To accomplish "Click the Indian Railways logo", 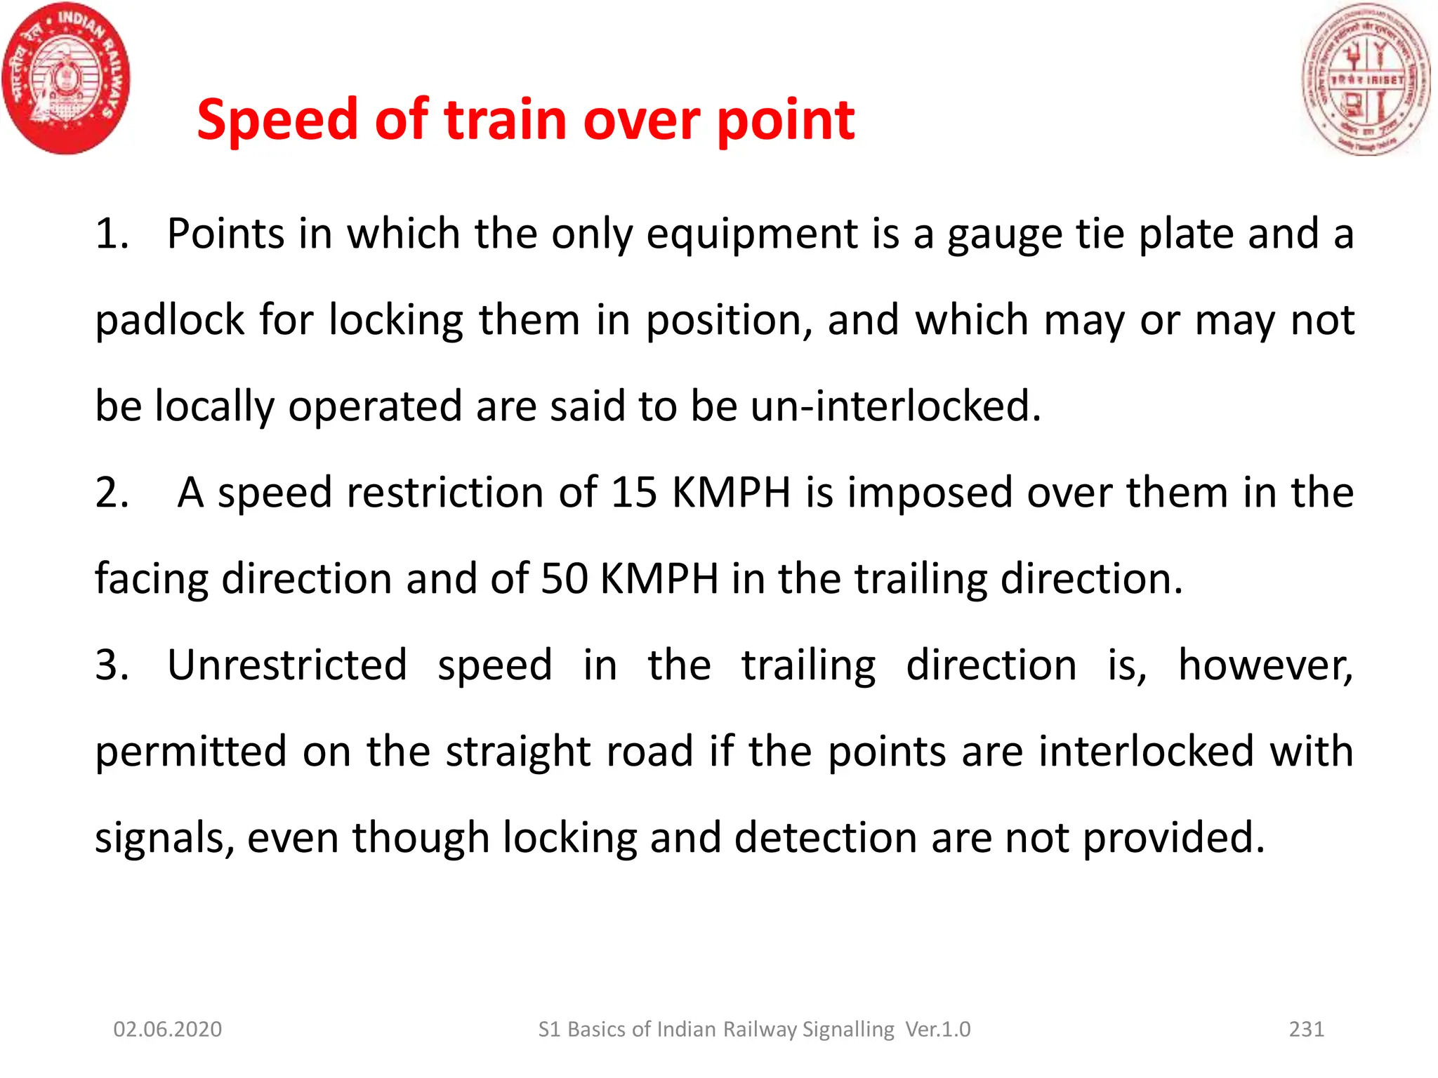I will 67,79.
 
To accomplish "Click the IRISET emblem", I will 1365,79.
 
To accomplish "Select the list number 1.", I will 112,234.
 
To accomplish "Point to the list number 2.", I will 112,493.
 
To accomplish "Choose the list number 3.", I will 112,665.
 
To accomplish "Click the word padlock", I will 169,321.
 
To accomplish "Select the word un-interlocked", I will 895,406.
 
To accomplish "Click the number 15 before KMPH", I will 634,493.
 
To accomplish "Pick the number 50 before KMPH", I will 564,579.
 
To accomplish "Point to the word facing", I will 151,580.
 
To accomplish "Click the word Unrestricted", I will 287,665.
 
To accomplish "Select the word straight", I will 518,752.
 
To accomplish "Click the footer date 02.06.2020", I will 168,1029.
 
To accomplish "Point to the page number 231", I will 1306,1029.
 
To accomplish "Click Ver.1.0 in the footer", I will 938,1029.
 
